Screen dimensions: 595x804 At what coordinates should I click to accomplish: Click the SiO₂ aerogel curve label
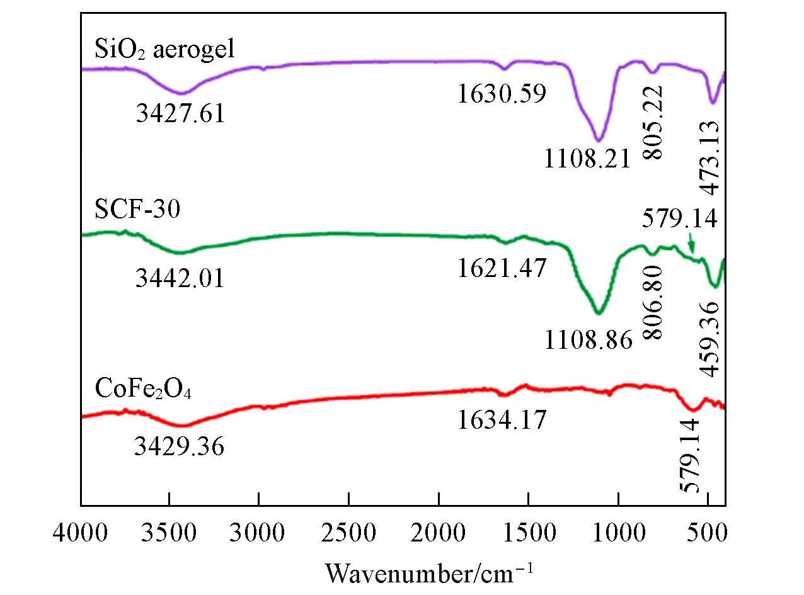pos(164,48)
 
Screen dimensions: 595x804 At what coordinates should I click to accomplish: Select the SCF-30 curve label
pos(138,210)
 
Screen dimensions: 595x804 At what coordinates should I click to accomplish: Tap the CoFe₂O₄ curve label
pos(144,388)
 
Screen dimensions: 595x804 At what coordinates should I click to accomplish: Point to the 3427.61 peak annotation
pos(180,115)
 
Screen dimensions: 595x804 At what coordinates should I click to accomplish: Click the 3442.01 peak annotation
pos(180,278)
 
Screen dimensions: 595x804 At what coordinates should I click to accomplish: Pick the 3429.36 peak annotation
pos(180,447)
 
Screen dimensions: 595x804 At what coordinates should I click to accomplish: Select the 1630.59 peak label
pos(502,95)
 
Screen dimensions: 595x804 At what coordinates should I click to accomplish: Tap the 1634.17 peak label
pos(502,419)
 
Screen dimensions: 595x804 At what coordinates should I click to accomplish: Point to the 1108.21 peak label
pos(587,160)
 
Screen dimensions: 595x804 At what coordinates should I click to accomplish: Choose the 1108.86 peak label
pos(588,341)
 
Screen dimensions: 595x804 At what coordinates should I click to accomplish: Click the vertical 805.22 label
pos(654,126)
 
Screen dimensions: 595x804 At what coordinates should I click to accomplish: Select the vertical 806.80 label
pos(654,303)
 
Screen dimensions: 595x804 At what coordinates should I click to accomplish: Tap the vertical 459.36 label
pos(711,337)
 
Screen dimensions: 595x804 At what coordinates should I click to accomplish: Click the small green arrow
pos(691,243)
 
